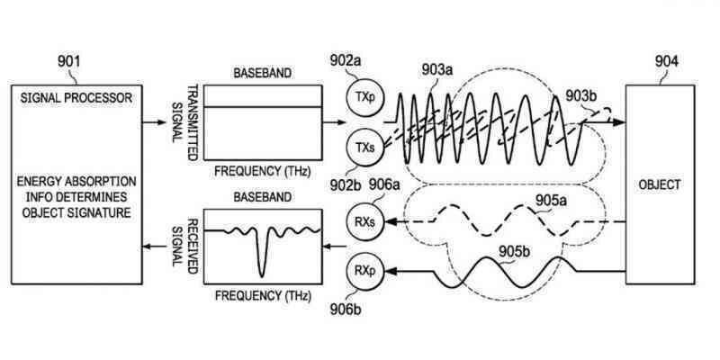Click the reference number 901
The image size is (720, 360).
tap(69, 61)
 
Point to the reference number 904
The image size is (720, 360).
tap(666, 61)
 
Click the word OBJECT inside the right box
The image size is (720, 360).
tap(660, 184)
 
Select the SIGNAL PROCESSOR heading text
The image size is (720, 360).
tap(76, 97)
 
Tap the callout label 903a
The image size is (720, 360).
tap(437, 70)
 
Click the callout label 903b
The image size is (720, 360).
tap(581, 95)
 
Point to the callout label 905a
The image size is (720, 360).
tap(551, 200)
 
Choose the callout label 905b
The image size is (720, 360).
tap(515, 252)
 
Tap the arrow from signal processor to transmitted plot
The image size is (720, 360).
tap(154, 122)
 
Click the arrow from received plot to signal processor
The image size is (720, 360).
tap(154, 247)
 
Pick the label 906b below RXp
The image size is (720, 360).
tap(346, 309)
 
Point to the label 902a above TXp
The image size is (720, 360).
tap(346, 60)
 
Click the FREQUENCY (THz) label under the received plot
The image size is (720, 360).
tap(263, 295)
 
